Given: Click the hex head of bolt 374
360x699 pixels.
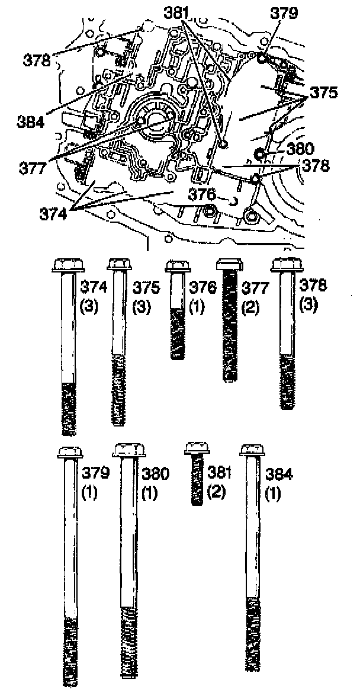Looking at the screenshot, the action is tap(68, 265).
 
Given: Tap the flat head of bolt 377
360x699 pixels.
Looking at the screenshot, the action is tap(230, 264).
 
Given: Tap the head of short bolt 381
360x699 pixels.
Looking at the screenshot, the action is tap(197, 448).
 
